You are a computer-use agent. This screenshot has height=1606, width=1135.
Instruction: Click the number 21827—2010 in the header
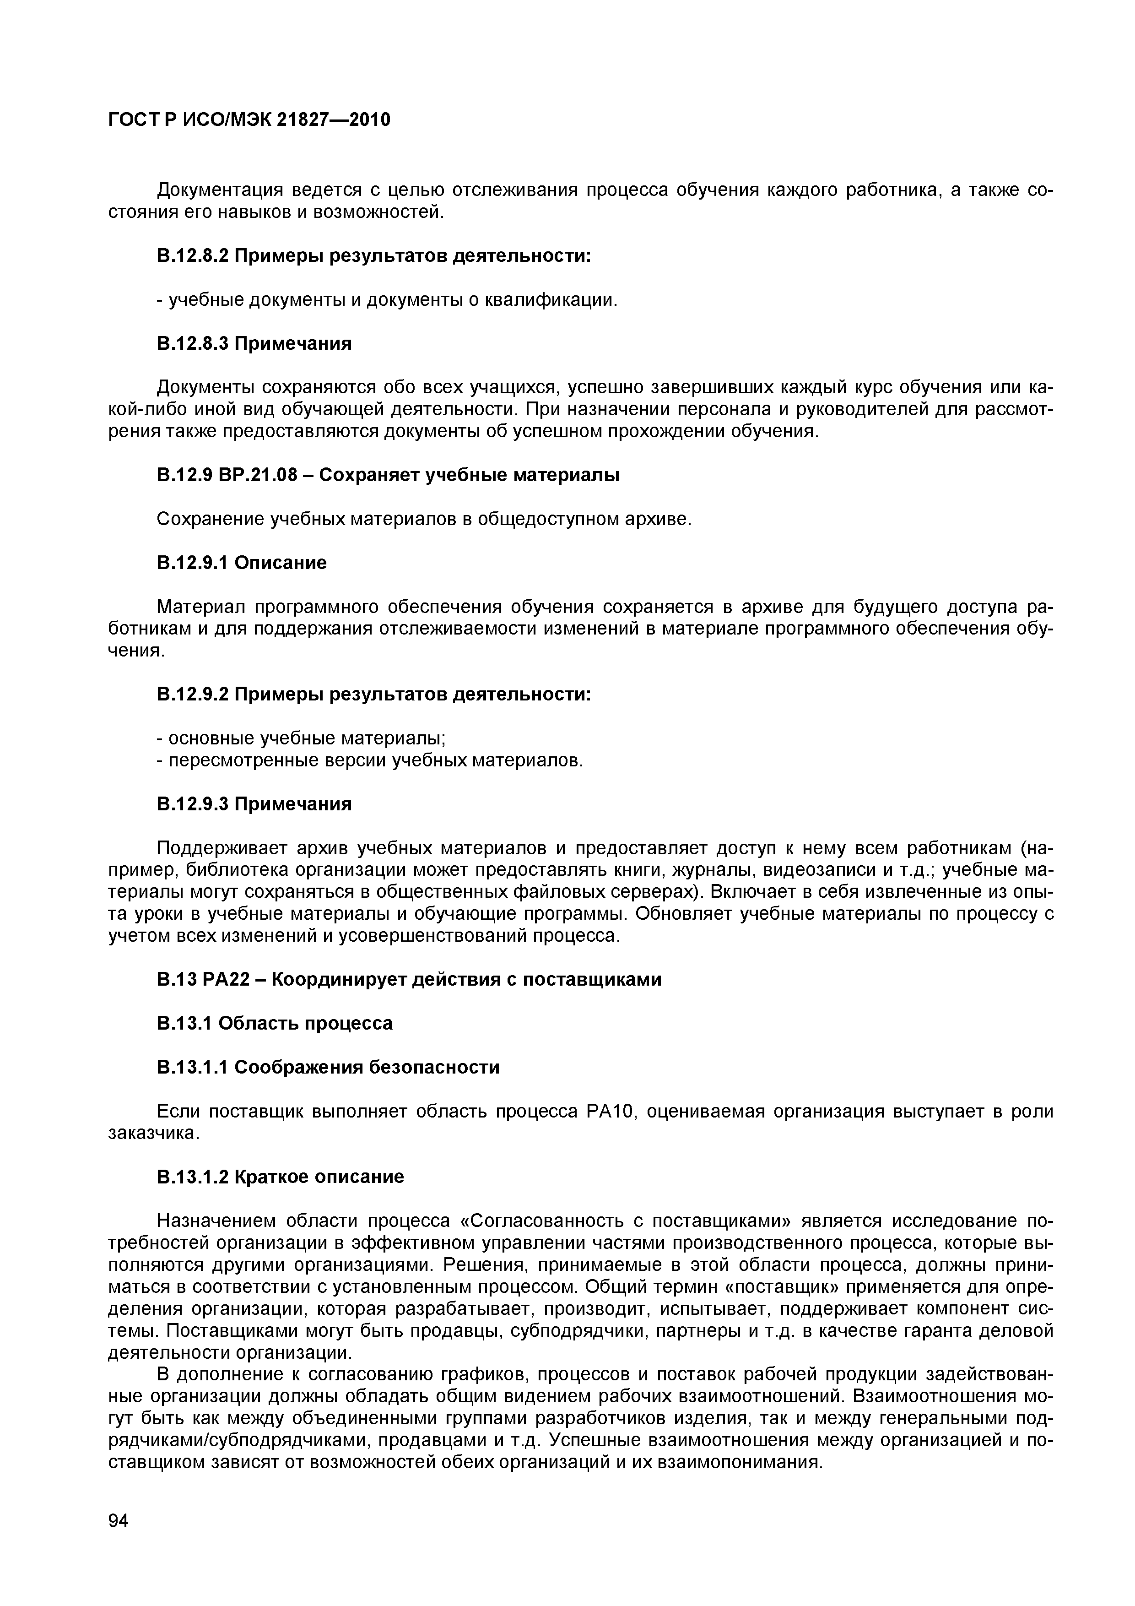click(334, 120)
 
